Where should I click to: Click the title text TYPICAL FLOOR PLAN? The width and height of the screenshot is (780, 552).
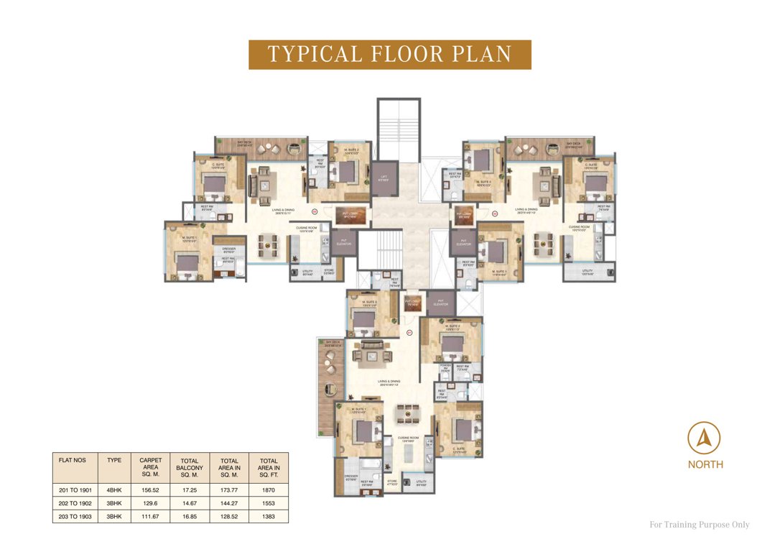(x=389, y=55)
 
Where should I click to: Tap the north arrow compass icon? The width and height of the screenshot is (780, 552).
(x=704, y=438)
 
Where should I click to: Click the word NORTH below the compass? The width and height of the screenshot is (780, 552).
(x=705, y=465)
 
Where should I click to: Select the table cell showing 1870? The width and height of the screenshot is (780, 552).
(x=269, y=489)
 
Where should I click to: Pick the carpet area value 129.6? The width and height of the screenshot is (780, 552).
(x=151, y=503)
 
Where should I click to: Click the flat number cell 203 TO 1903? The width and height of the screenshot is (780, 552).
(x=75, y=516)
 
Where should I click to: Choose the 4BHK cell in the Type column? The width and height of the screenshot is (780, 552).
(x=114, y=489)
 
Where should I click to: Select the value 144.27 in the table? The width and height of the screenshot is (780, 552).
(x=230, y=503)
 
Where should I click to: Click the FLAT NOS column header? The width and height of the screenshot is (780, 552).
(x=75, y=459)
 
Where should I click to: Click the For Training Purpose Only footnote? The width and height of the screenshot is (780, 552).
(x=699, y=525)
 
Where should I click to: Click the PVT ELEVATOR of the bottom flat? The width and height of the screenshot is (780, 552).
(x=441, y=303)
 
